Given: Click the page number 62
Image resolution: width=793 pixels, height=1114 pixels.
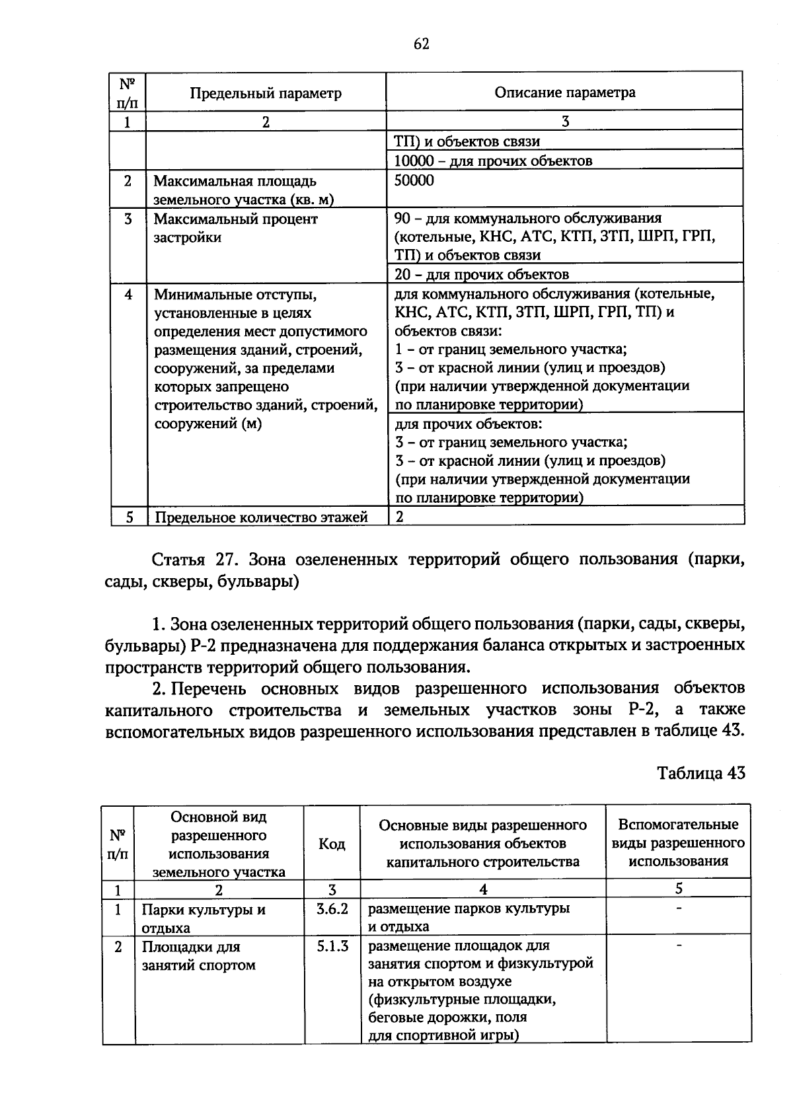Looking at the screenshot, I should point(422,44).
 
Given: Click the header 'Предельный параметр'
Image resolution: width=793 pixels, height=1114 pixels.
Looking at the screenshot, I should point(266,93).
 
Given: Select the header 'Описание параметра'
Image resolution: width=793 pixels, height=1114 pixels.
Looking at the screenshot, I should point(565,93).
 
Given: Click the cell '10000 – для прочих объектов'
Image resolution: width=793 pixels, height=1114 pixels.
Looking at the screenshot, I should point(492,161).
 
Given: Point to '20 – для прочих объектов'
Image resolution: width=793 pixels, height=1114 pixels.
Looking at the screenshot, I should point(481,274).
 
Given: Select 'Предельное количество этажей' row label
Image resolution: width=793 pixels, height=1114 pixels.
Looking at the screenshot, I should point(261,517).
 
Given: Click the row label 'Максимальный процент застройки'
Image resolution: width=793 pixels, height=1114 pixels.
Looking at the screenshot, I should point(236,228).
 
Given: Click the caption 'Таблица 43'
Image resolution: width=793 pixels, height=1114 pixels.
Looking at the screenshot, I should point(701,773).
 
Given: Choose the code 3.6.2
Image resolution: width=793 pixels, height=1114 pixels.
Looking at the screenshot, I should point(332,909).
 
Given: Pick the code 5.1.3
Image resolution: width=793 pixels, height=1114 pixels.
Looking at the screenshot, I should point(332,946).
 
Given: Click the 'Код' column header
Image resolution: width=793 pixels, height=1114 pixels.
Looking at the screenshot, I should point(332,844).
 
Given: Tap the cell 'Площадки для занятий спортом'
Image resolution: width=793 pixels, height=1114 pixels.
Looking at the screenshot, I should point(198,955).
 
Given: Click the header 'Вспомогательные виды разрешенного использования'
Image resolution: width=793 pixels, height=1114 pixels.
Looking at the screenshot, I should point(678,842).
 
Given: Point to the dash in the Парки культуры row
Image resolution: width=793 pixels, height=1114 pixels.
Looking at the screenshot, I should point(679,909).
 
